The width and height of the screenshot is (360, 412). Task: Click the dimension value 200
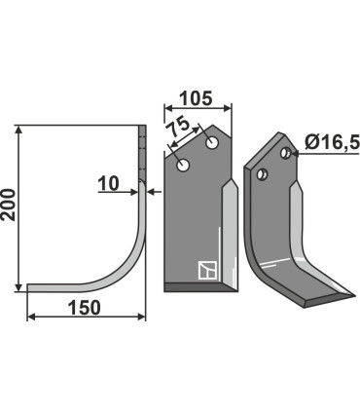coord(9,205)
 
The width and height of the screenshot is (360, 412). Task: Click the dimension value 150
coord(85,307)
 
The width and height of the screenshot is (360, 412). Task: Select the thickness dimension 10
coord(108,184)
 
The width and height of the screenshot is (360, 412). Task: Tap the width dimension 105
coord(197,98)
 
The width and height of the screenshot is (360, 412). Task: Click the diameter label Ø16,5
coord(332,142)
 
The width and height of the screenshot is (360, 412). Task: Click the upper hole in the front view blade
coord(212,142)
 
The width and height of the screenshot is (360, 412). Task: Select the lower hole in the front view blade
coord(183,166)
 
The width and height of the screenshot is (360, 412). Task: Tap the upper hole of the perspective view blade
coord(286,153)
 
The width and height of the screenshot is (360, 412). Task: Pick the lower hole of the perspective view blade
coord(261,174)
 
